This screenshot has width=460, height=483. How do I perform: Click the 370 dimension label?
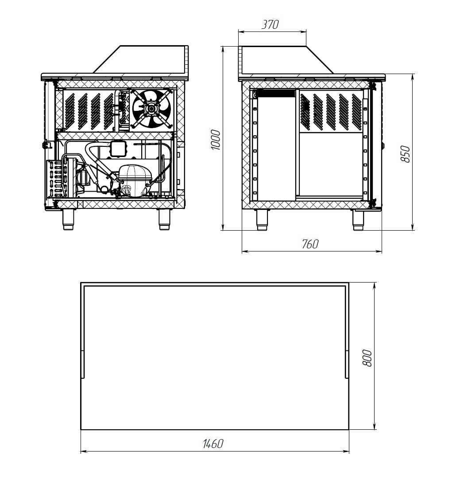[270, 24]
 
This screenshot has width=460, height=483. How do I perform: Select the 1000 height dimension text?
[216, 140]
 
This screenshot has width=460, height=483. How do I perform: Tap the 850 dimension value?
[405, 154]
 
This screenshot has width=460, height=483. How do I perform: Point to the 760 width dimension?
[310, 244]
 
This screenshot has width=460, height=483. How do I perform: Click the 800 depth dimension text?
[367, 358]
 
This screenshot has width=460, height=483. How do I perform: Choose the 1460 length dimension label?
[213, 444]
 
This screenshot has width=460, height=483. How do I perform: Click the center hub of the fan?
[151, 109]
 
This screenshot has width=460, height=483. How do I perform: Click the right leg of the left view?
[164, 219]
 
